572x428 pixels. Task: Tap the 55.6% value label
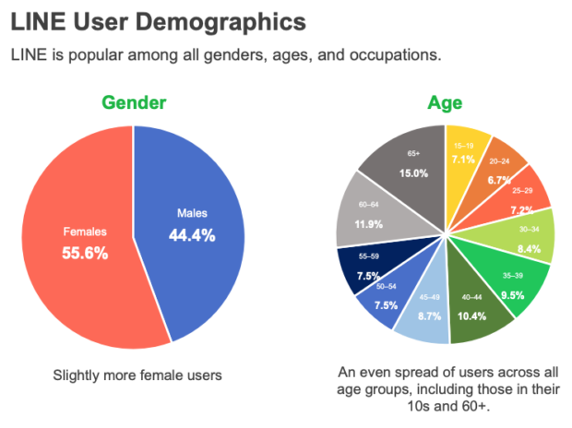click(85, 254)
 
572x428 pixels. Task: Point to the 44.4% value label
click(192, 235)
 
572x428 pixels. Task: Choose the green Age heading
click(445, 102)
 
